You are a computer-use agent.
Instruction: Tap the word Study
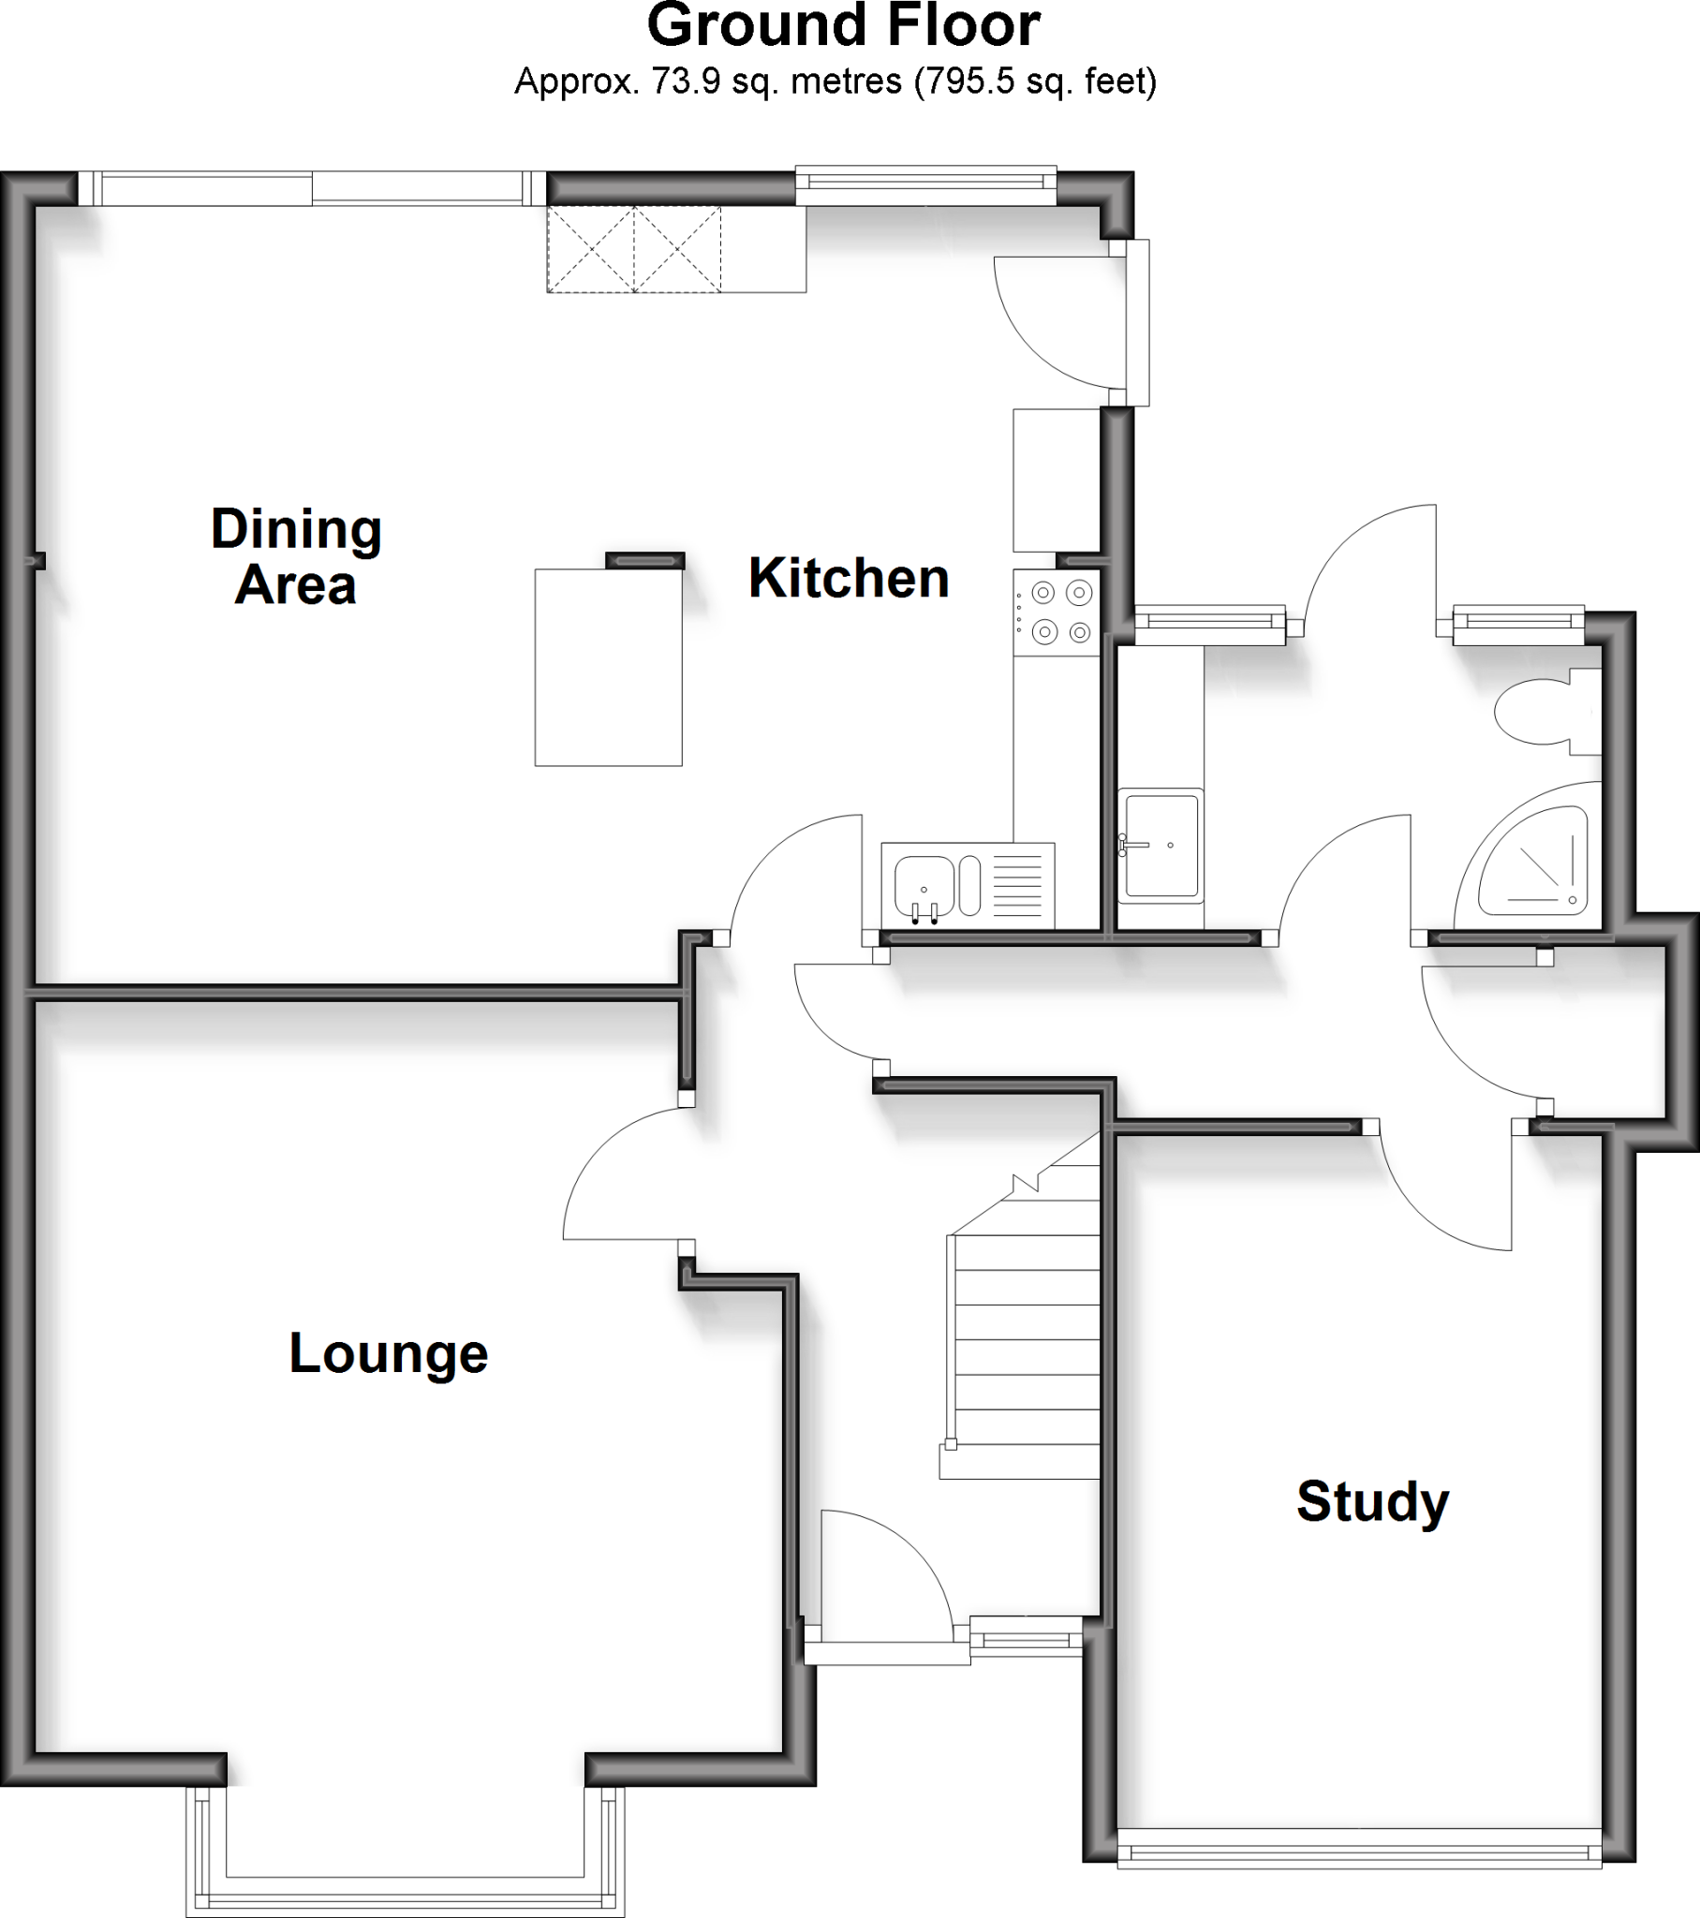1372,1501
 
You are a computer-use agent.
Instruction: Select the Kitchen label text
849,578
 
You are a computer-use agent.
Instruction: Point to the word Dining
296,529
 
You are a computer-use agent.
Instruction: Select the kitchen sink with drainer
967,886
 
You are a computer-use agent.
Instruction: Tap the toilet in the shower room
1545,711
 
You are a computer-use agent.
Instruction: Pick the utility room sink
1161,846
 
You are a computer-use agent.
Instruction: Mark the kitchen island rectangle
608,667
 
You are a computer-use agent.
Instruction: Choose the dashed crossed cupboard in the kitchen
634,250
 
